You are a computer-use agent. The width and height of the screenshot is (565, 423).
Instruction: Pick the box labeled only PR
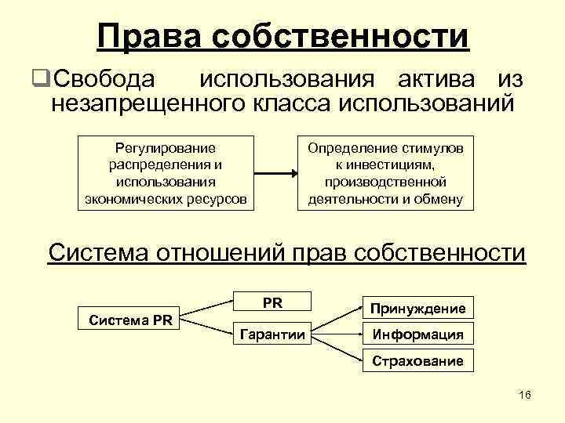(x=273, y=302)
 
